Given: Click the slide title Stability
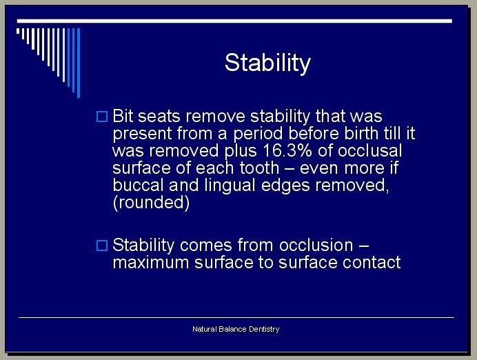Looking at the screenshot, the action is point(267,63).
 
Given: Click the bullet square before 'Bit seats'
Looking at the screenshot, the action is point(102,117).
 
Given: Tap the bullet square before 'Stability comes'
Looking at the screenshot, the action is point(102,246).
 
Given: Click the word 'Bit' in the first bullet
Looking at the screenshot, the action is point(123,117).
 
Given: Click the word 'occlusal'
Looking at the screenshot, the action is point(369,150).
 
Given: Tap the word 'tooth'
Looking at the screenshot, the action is point(259,168).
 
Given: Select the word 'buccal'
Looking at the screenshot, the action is point(139,185).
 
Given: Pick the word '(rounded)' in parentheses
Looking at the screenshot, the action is point(151,203).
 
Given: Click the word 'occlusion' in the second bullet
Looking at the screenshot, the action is point(316,246).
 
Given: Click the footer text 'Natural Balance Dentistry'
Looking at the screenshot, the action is point(236,329).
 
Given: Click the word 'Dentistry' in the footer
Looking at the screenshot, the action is point(264,329).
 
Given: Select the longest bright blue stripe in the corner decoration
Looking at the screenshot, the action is point(79,63).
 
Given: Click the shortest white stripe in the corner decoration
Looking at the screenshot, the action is point(18,31).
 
